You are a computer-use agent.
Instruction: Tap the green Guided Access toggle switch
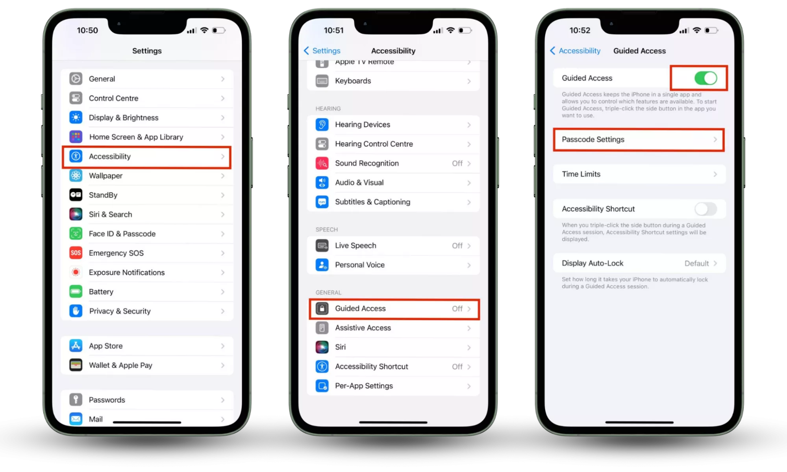(x=706, y=78)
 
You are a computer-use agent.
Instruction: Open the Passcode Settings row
(x=639, y=140)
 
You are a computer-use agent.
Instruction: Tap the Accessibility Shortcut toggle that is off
(x=706, y=209)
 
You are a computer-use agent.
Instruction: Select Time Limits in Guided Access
(x=639, y=174)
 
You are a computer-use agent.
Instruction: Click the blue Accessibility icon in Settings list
(x=76, y=156)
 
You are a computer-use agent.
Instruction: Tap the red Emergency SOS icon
(x=76, y=253)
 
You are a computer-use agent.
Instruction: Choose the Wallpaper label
(x=106, y=176)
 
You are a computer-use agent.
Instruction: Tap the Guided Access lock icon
(x=322, y=309)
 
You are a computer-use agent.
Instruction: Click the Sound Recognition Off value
(x=457, y=163)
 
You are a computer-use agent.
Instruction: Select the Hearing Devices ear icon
(x=322, y=125)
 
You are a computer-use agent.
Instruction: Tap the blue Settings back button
(x=322, y=51)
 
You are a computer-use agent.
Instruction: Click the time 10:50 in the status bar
(x=87, y=30)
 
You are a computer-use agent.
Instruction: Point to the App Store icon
(x=76, y=346)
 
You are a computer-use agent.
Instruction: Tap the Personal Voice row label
(x=360, y=265)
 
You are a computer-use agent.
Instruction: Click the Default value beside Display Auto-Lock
(x=696, y=264)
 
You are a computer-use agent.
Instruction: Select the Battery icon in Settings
(x=76, y=292)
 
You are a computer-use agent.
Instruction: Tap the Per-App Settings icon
(x=322, y=386)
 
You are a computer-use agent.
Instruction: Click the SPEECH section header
(x=326, y=229)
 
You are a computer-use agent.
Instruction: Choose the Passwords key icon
(x=76, y=400)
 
